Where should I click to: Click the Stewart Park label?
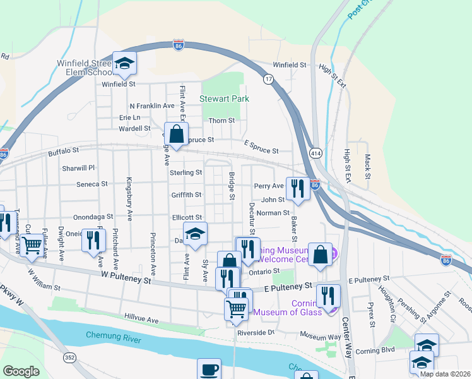(224, 99)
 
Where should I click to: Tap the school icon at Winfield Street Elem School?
(124, 63)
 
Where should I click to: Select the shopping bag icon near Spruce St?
(176, 135)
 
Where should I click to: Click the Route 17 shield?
(269, 79)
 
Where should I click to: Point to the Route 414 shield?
(314, 153)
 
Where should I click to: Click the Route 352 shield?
(69, 358)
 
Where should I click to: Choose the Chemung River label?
(111, 334)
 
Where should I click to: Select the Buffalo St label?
(63, 152)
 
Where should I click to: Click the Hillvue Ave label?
(141, 320)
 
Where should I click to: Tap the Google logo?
(21, 371)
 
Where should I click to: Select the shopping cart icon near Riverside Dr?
(236, 309)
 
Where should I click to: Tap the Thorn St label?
(221, 120)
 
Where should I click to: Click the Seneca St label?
(93, 184)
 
